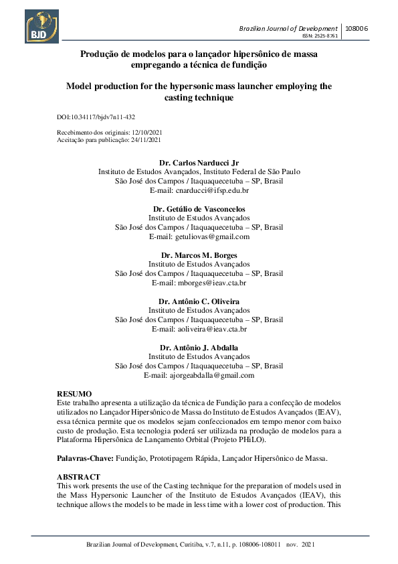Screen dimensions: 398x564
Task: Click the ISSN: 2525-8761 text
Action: (321, 36)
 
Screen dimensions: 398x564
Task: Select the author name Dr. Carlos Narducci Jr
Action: (199, 163)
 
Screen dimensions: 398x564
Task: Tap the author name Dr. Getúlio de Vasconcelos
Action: (199, 209)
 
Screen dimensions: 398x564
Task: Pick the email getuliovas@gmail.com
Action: (212, 236)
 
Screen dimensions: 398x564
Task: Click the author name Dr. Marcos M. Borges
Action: (199, 255)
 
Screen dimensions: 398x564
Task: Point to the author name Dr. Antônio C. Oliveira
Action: (199, 301)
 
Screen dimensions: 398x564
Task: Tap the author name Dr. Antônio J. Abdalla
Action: (199, 348)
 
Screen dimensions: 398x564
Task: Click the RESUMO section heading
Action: (74, 393)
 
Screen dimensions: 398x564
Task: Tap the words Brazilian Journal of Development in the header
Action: (288, 28)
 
